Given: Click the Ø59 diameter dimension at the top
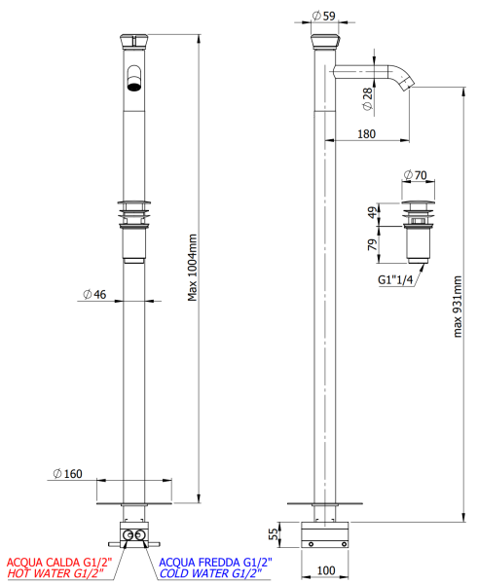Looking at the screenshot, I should click(x=324, y=16).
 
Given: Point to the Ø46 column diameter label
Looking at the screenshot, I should click(x=93, y=295).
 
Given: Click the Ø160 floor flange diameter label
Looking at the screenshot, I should click(x=67, y=474).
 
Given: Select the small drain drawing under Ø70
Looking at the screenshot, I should click(x=419, y=229).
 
